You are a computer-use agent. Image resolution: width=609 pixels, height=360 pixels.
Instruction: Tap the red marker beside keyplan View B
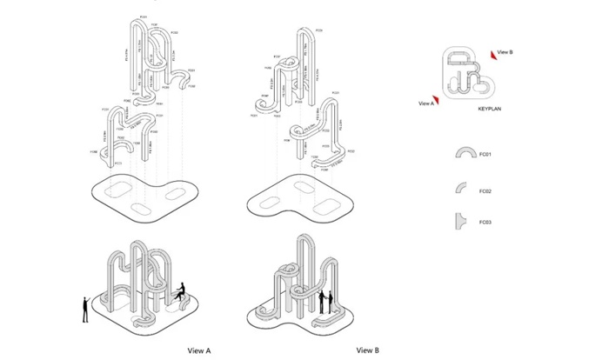493,53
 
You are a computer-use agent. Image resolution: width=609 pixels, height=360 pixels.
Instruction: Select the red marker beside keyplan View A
437,100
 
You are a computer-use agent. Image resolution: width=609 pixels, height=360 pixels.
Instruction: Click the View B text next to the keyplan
506,52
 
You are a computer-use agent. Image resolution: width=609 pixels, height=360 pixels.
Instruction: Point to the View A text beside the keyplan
425,103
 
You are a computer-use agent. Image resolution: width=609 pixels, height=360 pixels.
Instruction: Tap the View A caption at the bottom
199,350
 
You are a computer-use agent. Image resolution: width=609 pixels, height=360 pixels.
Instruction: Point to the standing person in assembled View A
84,309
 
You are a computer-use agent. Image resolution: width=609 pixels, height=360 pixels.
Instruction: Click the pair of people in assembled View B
325,302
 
